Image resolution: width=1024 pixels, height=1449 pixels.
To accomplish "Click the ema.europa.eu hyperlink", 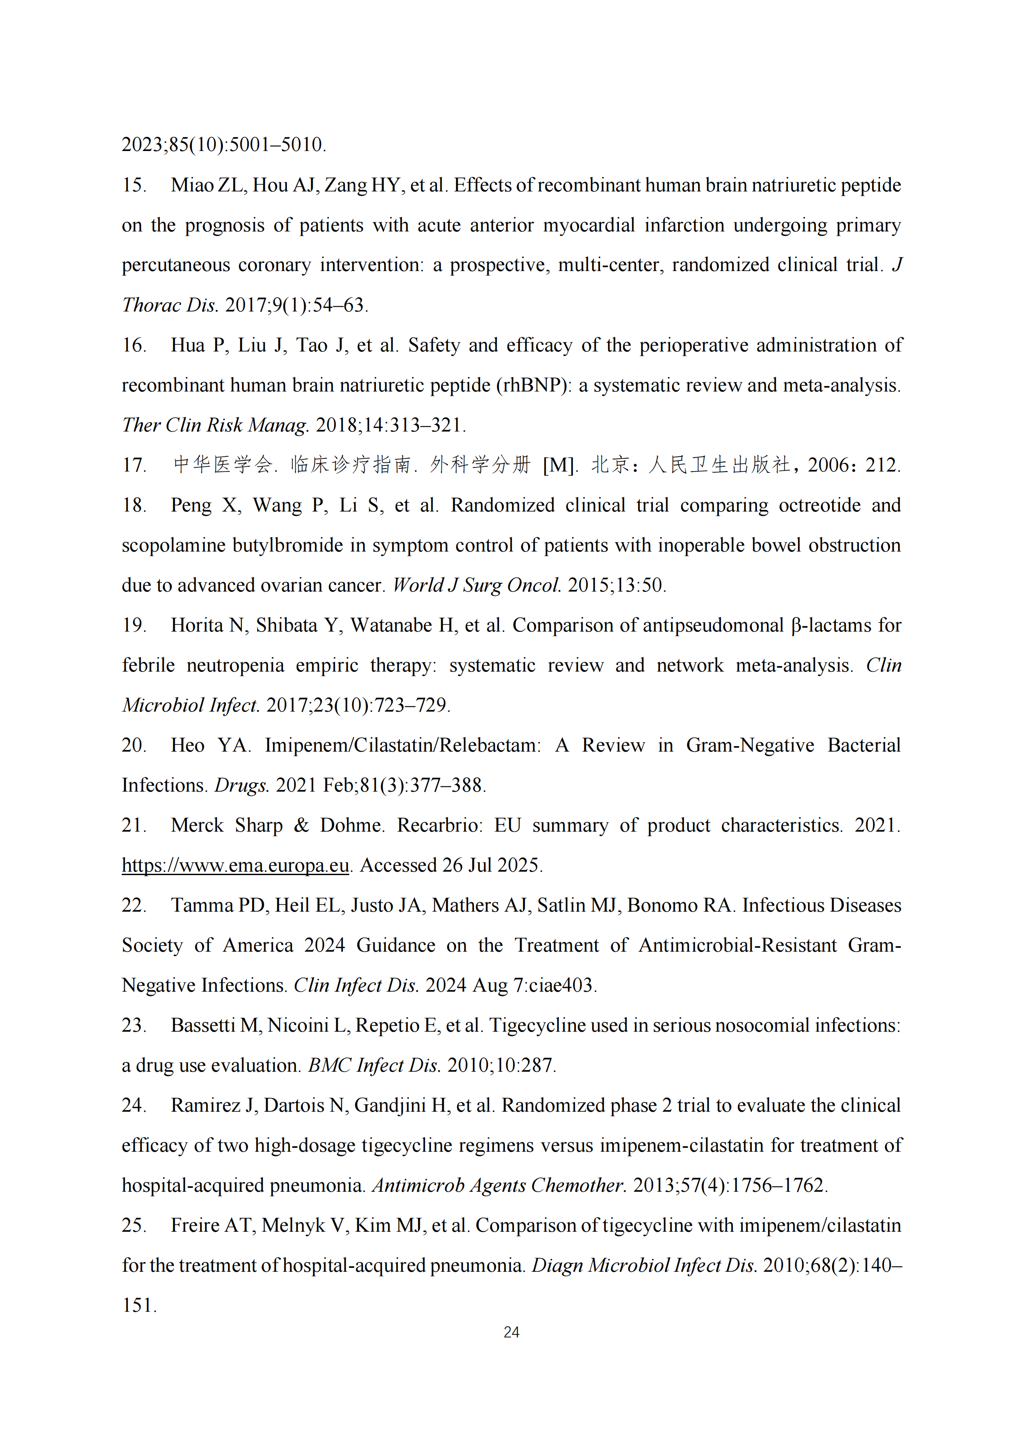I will pos(235,865).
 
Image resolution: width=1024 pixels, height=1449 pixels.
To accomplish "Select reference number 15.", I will pos(133,185).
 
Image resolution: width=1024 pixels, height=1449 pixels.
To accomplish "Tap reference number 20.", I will pos(133,745).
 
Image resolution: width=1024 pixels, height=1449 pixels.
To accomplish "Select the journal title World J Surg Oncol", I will pos(477,585).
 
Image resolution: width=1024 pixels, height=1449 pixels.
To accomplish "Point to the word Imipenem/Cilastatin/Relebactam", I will pos(403,745).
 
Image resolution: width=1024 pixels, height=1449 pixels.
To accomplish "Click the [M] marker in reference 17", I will pos(558,465).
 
